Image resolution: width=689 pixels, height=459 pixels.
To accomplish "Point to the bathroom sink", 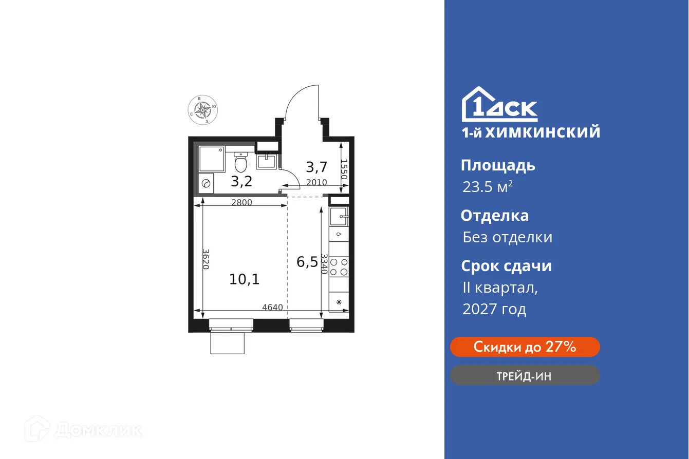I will coord(267,161).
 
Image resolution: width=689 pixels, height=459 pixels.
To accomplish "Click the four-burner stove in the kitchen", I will coord(339,266).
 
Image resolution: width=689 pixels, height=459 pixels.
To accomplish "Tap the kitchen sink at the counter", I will coord(339,217).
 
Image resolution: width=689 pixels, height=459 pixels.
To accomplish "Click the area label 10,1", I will coord(245,279).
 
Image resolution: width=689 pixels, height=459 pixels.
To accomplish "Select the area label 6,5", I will coord(306,262).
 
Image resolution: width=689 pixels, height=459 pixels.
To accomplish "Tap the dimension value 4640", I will coord(272,308).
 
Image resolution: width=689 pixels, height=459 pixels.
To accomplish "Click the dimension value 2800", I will coord(241,202).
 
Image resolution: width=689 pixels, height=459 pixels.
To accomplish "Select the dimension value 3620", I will coord(206,259).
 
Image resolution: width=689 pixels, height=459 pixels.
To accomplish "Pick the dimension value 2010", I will coord(316,182).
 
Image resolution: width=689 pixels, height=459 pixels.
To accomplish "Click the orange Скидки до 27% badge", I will coord(525,347).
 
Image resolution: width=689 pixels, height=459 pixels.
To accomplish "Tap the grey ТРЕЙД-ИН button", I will coord(525,376).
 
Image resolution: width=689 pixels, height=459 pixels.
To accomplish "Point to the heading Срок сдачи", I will coord(506,266).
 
